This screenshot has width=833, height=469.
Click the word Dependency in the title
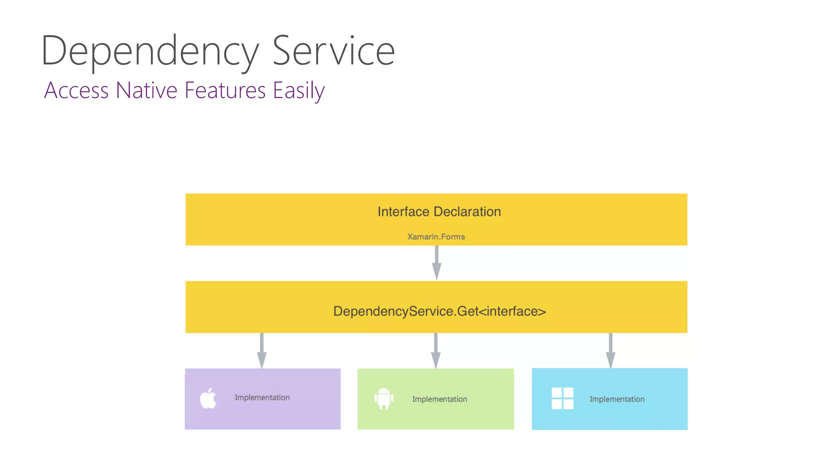150,51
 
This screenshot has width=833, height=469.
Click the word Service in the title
334,51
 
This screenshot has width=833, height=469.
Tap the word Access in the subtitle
76,90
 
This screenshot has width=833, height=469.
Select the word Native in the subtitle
146,90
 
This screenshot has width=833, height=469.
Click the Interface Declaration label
439,212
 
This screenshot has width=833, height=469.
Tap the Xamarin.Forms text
436,237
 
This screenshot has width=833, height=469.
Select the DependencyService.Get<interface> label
439,311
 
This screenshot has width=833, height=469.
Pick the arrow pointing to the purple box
262,351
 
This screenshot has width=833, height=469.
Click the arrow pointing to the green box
436,351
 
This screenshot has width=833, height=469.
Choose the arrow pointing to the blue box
611,351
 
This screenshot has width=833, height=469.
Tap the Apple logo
208,398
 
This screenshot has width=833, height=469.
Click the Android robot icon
384,399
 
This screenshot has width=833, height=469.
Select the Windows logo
563,398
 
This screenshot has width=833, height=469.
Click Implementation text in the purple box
262,397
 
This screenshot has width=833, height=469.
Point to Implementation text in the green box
440,399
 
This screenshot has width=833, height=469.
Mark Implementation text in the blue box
617,399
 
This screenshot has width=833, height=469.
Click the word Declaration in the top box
467,212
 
